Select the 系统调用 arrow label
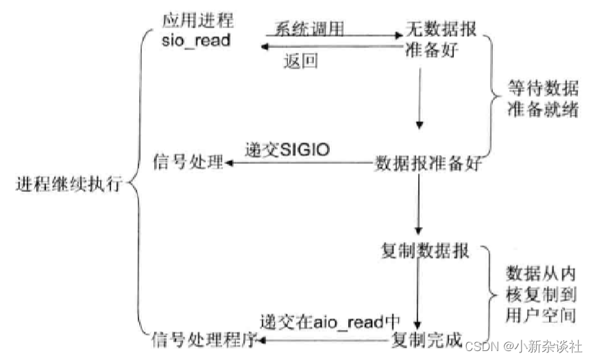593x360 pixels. point(309,28)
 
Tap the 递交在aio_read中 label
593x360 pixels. point(330,321)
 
